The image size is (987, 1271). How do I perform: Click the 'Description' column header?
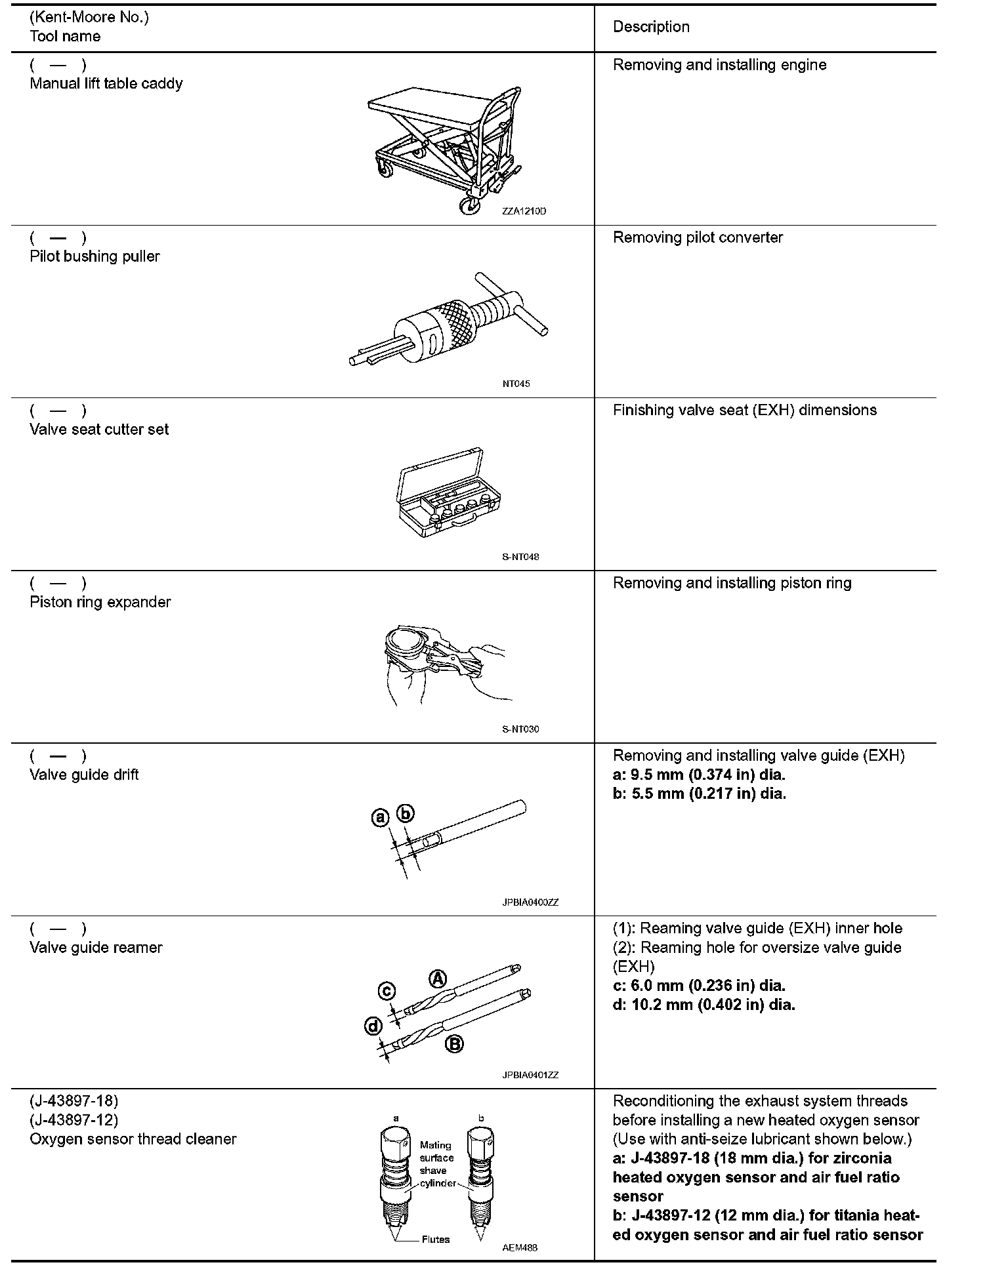coord(651,27)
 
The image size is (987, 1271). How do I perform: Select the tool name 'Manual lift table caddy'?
coord(106,83)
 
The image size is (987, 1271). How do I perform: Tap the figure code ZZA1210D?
coord(524,211)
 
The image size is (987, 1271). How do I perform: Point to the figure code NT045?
coord(516,384)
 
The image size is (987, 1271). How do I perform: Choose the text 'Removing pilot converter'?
coord(698,237)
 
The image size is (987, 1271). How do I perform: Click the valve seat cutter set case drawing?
coord(450,489)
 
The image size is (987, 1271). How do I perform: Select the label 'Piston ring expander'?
coord(100,602)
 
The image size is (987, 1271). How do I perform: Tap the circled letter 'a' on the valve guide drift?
coord(381,818)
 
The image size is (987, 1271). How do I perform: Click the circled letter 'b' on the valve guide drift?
coord(406,814)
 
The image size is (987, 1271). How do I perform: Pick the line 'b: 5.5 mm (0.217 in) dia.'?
coord(699,794)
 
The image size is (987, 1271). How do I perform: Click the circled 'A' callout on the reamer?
coord(438,979)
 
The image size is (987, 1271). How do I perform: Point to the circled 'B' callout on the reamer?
coord(454,1044)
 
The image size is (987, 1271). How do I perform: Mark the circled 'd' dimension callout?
coord(373,1026)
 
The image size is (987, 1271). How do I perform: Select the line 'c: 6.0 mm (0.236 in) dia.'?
coord(699,986)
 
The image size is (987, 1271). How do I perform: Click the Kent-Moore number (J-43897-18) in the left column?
coord(73,1100)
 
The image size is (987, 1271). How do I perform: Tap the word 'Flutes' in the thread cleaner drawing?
coord(436,1239)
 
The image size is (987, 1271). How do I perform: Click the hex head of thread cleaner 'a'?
coord(396,1140)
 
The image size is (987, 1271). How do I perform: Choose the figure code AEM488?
coord(520,1247)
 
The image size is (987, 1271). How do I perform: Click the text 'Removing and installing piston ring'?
coord(732,583)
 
